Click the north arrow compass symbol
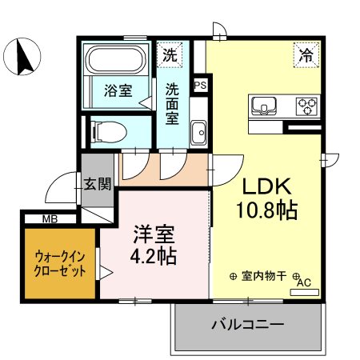[x=22, y=57]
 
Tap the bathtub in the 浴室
[x=117, y=59]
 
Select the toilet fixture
[x=109, y=132]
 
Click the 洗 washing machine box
[x=170, y=54]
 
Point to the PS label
[x=200, y=85]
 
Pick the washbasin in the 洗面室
[x=198, y=133]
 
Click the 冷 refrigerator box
[x=306, y=55]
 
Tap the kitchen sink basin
[x=264, y=106]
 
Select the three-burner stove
[x=306, y=106]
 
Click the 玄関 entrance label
[x=98, y=184]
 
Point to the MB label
[x=50, y=219]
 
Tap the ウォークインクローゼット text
[x=60, y=264]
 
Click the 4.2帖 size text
[x=154, y=257]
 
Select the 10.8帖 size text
[x=266, y=210]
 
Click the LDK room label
[x=266, y=186]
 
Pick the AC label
[x=304, y=282]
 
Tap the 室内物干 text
[x=264, y=276]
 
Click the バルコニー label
[x=248, y=325]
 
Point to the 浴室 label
[x=118, y=90]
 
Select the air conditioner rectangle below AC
[x=305, y=292]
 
